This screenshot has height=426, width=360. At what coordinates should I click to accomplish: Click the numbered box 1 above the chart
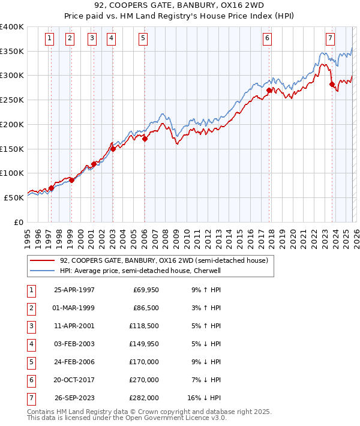[49, 38]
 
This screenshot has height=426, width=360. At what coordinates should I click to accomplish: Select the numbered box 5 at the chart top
[143, 38]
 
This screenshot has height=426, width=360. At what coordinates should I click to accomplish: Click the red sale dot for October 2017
[269, 91]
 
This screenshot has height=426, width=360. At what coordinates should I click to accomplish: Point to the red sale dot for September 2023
[332, 85]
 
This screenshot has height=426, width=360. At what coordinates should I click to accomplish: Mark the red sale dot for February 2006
[145, 139]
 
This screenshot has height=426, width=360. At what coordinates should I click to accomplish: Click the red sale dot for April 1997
[51, 188]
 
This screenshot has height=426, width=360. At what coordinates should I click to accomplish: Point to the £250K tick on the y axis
[12, 100]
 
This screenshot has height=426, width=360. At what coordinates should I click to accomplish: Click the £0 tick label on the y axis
[18, 222]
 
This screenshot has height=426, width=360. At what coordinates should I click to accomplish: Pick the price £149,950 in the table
[143, 344]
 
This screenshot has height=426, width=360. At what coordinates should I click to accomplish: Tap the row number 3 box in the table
[29, 326]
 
